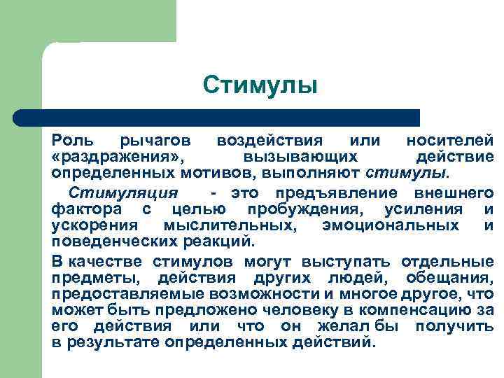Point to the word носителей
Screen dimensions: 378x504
click(449, 140)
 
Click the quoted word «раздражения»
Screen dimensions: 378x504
click(118, 156)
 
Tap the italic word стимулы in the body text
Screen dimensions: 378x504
click(409, 171)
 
